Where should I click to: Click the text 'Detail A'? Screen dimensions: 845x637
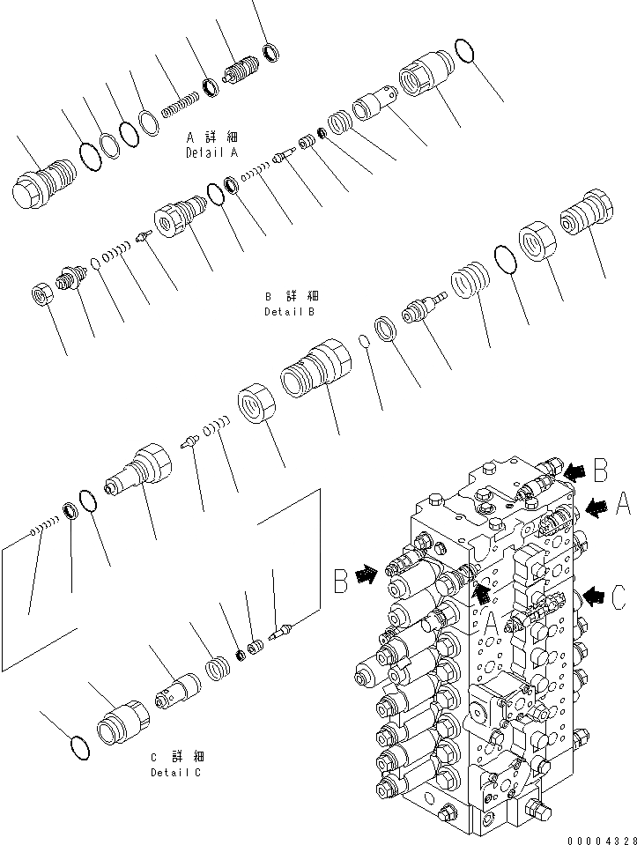[x=211, y=152]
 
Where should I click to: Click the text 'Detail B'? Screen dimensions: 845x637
[x=290, y=311]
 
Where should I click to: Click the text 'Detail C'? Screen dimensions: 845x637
[x=175, y=772]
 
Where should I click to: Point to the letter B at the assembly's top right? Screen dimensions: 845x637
[x=599, y=471]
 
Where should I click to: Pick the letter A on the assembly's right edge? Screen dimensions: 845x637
[x=622, y=505]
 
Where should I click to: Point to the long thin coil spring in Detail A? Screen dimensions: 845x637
[x=179, y=103]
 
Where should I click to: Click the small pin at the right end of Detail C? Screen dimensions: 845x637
[x=281, y=630]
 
